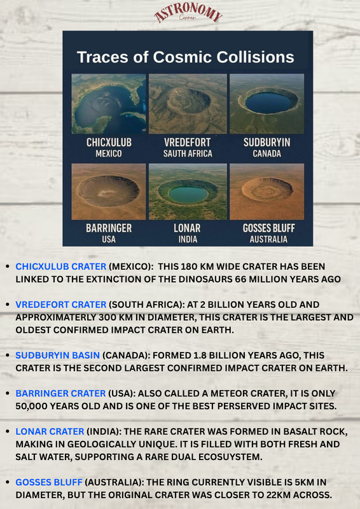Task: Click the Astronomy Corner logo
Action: [188, 14]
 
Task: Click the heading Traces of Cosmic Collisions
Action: [185, 57]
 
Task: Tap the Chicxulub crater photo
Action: [108, 104]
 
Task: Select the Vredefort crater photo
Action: [188, 104]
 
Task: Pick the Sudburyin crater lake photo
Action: [267, 104]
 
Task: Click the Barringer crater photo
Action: [108, 192]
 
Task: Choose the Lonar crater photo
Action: [188, 192]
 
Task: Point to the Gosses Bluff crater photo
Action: [267, 192]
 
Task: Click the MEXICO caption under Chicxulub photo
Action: [109, 153]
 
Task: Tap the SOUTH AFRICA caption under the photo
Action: [188, 153]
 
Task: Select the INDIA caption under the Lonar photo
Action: [188, 239]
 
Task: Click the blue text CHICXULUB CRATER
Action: [61, 267]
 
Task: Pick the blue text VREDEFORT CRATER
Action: [61, 305]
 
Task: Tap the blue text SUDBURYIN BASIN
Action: [58, 356]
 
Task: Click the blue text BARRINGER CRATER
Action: [60, 393]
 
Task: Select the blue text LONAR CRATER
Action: [50, 431]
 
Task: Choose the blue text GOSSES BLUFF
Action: [49, 482]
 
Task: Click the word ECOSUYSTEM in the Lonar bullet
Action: [230, 457]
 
